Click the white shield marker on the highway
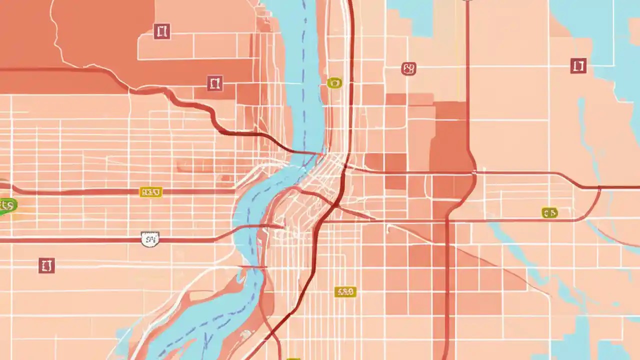pos(150,239)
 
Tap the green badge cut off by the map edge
pos(7,205)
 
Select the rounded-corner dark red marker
pos(408,68)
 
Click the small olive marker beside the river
pos(334,82)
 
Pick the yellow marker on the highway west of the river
pos(150,192)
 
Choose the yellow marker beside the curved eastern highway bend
pos(549,213)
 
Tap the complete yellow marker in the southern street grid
pos(345,292)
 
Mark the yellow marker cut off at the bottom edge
pos(293,358)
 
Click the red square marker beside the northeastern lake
pos(578,65)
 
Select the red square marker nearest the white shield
pos(46,265)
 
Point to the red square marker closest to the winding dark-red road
pos(214,83)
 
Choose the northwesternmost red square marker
pos(161,31)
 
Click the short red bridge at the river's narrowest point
pos(253,267)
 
